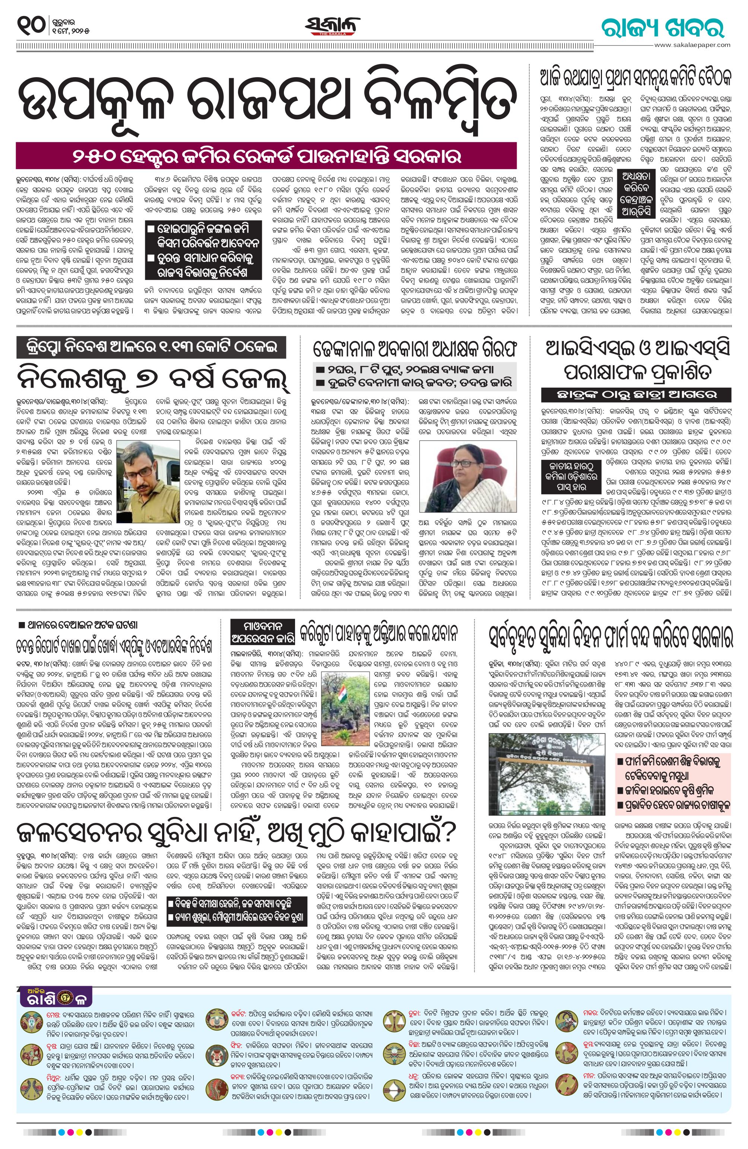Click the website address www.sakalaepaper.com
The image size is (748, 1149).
tap(692, 44)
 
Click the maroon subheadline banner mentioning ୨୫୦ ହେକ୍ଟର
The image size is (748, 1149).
tap(266, 156)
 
